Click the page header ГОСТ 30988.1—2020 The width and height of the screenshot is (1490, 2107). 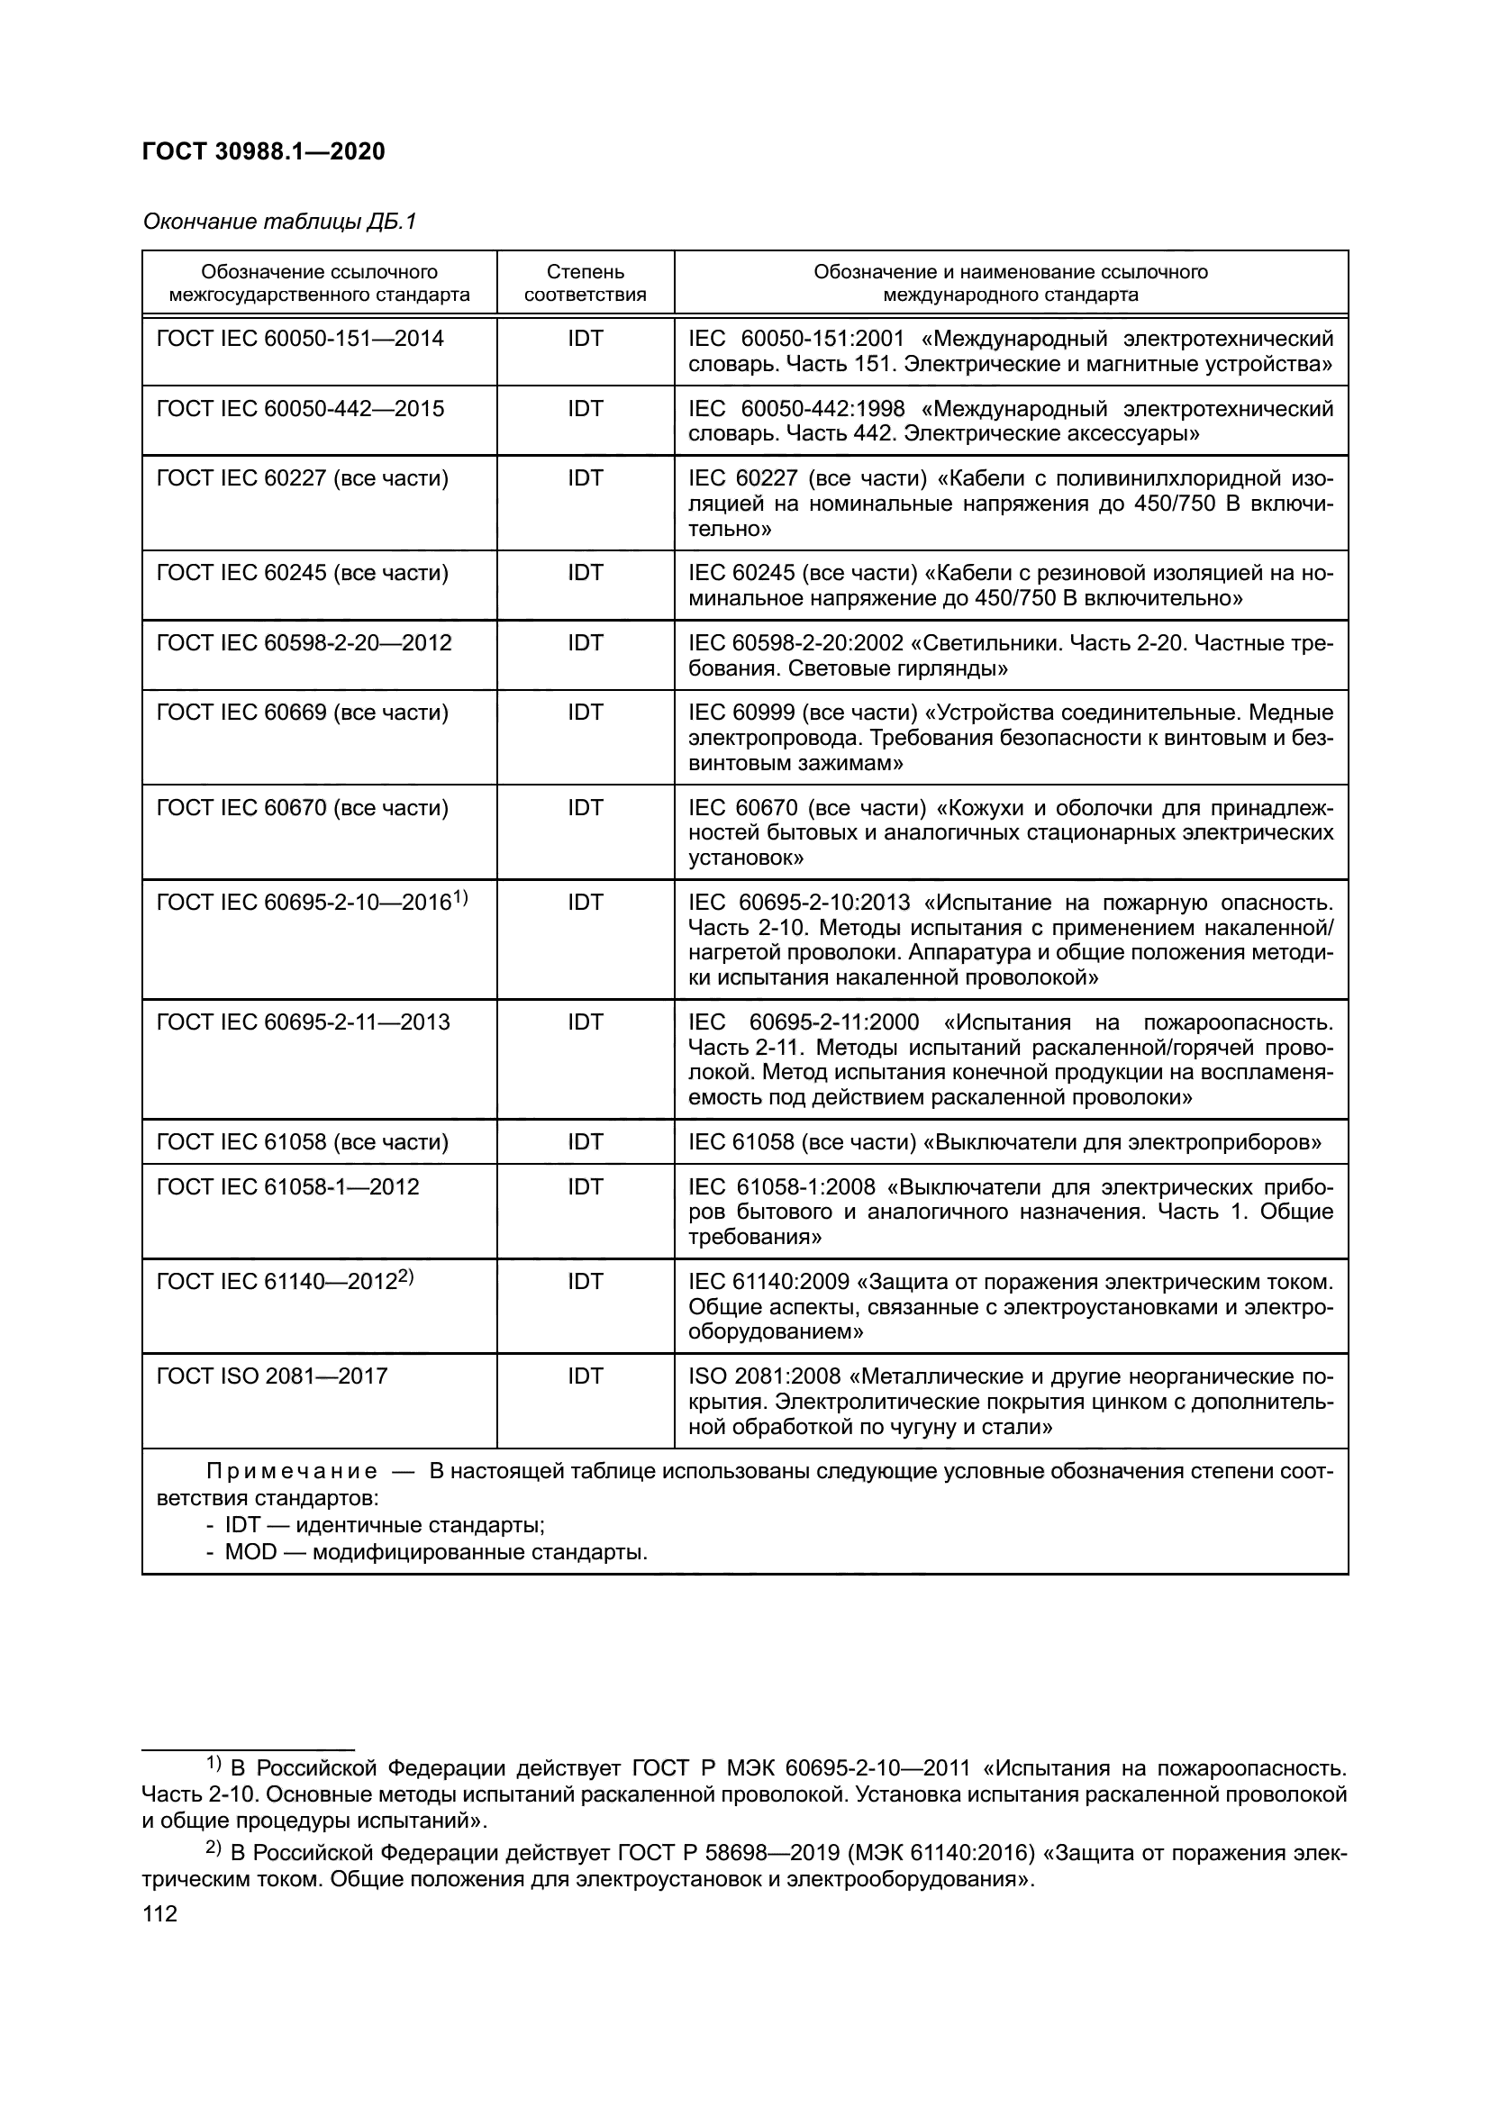point(263,152)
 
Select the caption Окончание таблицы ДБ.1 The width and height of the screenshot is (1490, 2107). point(280,222)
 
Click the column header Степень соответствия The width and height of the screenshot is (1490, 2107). point(585,284)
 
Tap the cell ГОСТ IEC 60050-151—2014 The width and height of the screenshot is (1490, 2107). point(300,339)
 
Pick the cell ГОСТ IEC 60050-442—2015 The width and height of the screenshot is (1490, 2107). point(300,408)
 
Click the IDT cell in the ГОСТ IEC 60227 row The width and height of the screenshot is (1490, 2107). point(585,478)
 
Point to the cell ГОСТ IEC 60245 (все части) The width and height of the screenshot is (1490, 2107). point(303,574)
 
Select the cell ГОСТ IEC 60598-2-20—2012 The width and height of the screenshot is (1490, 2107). point(304,642)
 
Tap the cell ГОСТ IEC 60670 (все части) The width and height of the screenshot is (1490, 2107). point(303,807)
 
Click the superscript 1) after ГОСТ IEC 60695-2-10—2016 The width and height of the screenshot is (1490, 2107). point(460,897)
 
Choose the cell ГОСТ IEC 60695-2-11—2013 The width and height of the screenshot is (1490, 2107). point(303,1022)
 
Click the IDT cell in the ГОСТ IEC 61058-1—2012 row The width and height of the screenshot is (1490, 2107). point(585,1186)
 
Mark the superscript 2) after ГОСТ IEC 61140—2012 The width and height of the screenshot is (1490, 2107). point(405,1276)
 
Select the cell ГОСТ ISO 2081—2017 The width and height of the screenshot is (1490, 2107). point(271,1376)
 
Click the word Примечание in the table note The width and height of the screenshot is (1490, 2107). point(291,1472)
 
